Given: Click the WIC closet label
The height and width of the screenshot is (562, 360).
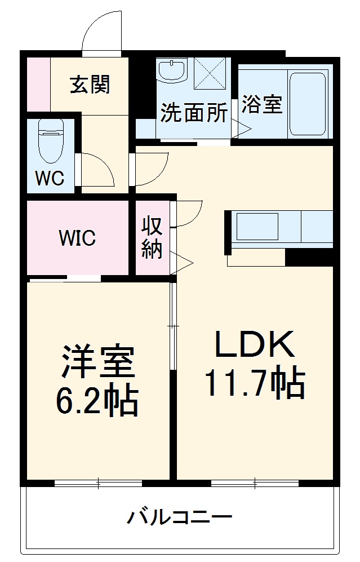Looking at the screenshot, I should click(78, 238).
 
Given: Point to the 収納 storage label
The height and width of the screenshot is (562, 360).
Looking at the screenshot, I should click(152, 237).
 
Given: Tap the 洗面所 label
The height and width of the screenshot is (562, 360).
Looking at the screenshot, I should click(194, 112).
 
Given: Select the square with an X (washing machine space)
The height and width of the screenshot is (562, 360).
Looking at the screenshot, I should click(210, 73).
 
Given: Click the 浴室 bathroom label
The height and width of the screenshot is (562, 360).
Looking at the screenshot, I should click(262, 104).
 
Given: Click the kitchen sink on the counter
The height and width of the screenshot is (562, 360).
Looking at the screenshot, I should click(257, 227).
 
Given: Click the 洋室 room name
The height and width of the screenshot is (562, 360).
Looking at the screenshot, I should click(97, 361).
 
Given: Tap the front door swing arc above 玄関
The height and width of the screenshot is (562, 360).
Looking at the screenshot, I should click(101, 32).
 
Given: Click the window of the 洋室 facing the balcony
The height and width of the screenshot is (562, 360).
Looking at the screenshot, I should click(98, 483).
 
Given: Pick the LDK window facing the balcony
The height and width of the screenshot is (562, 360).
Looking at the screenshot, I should click(255, 483).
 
